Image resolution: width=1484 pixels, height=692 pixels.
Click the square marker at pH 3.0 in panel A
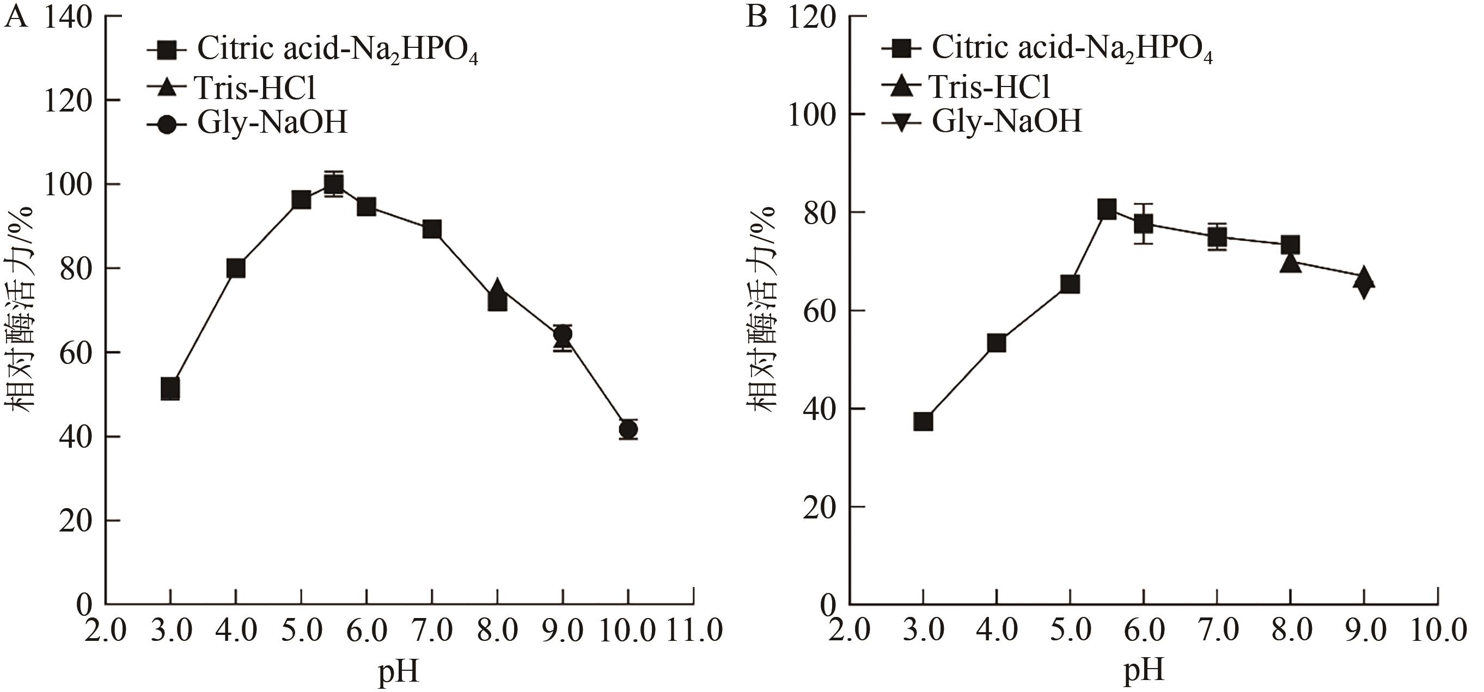coord(170,389)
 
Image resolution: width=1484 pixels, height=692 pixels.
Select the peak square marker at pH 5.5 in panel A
coord(333,184)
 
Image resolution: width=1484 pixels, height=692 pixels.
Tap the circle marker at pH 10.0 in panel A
coord(628,429)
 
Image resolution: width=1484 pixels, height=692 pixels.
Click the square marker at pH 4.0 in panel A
coord(236,268)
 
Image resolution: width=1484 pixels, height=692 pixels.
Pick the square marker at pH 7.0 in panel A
coord(431,229)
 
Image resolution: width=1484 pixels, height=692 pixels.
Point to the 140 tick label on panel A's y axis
coord(68,18)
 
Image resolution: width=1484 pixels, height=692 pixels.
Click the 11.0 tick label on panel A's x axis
coord(694,631)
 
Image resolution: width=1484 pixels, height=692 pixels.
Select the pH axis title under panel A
coord(399,671)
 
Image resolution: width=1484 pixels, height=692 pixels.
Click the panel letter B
coord(756,17)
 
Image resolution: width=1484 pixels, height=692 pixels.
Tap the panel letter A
coord(16,17)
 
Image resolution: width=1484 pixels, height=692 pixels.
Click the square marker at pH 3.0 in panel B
coord(923,422)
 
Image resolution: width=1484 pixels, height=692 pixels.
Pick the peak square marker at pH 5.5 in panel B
coord(1107,209)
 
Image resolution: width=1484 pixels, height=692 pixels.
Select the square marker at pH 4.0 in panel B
coord(996,344)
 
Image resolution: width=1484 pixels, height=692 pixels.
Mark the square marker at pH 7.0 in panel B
coord(1217,237)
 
